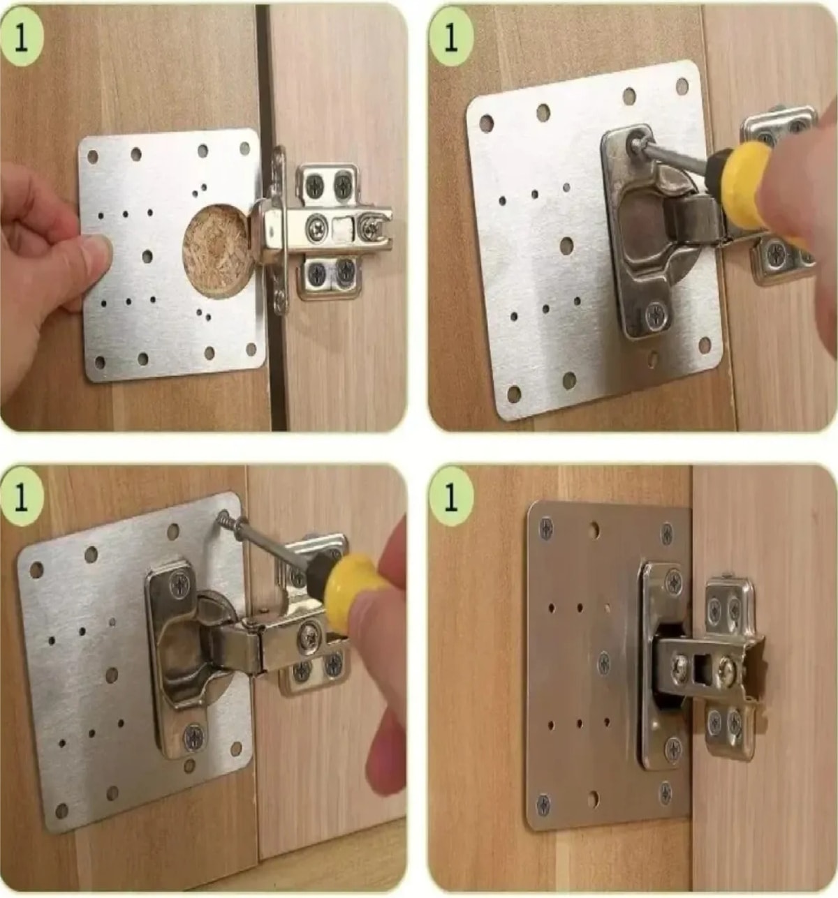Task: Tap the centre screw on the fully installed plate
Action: pos(604,662)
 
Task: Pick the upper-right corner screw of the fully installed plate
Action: pos(667,534)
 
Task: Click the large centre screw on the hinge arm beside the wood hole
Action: pos(316,225)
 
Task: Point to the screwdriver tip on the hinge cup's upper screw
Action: pos(633,144)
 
